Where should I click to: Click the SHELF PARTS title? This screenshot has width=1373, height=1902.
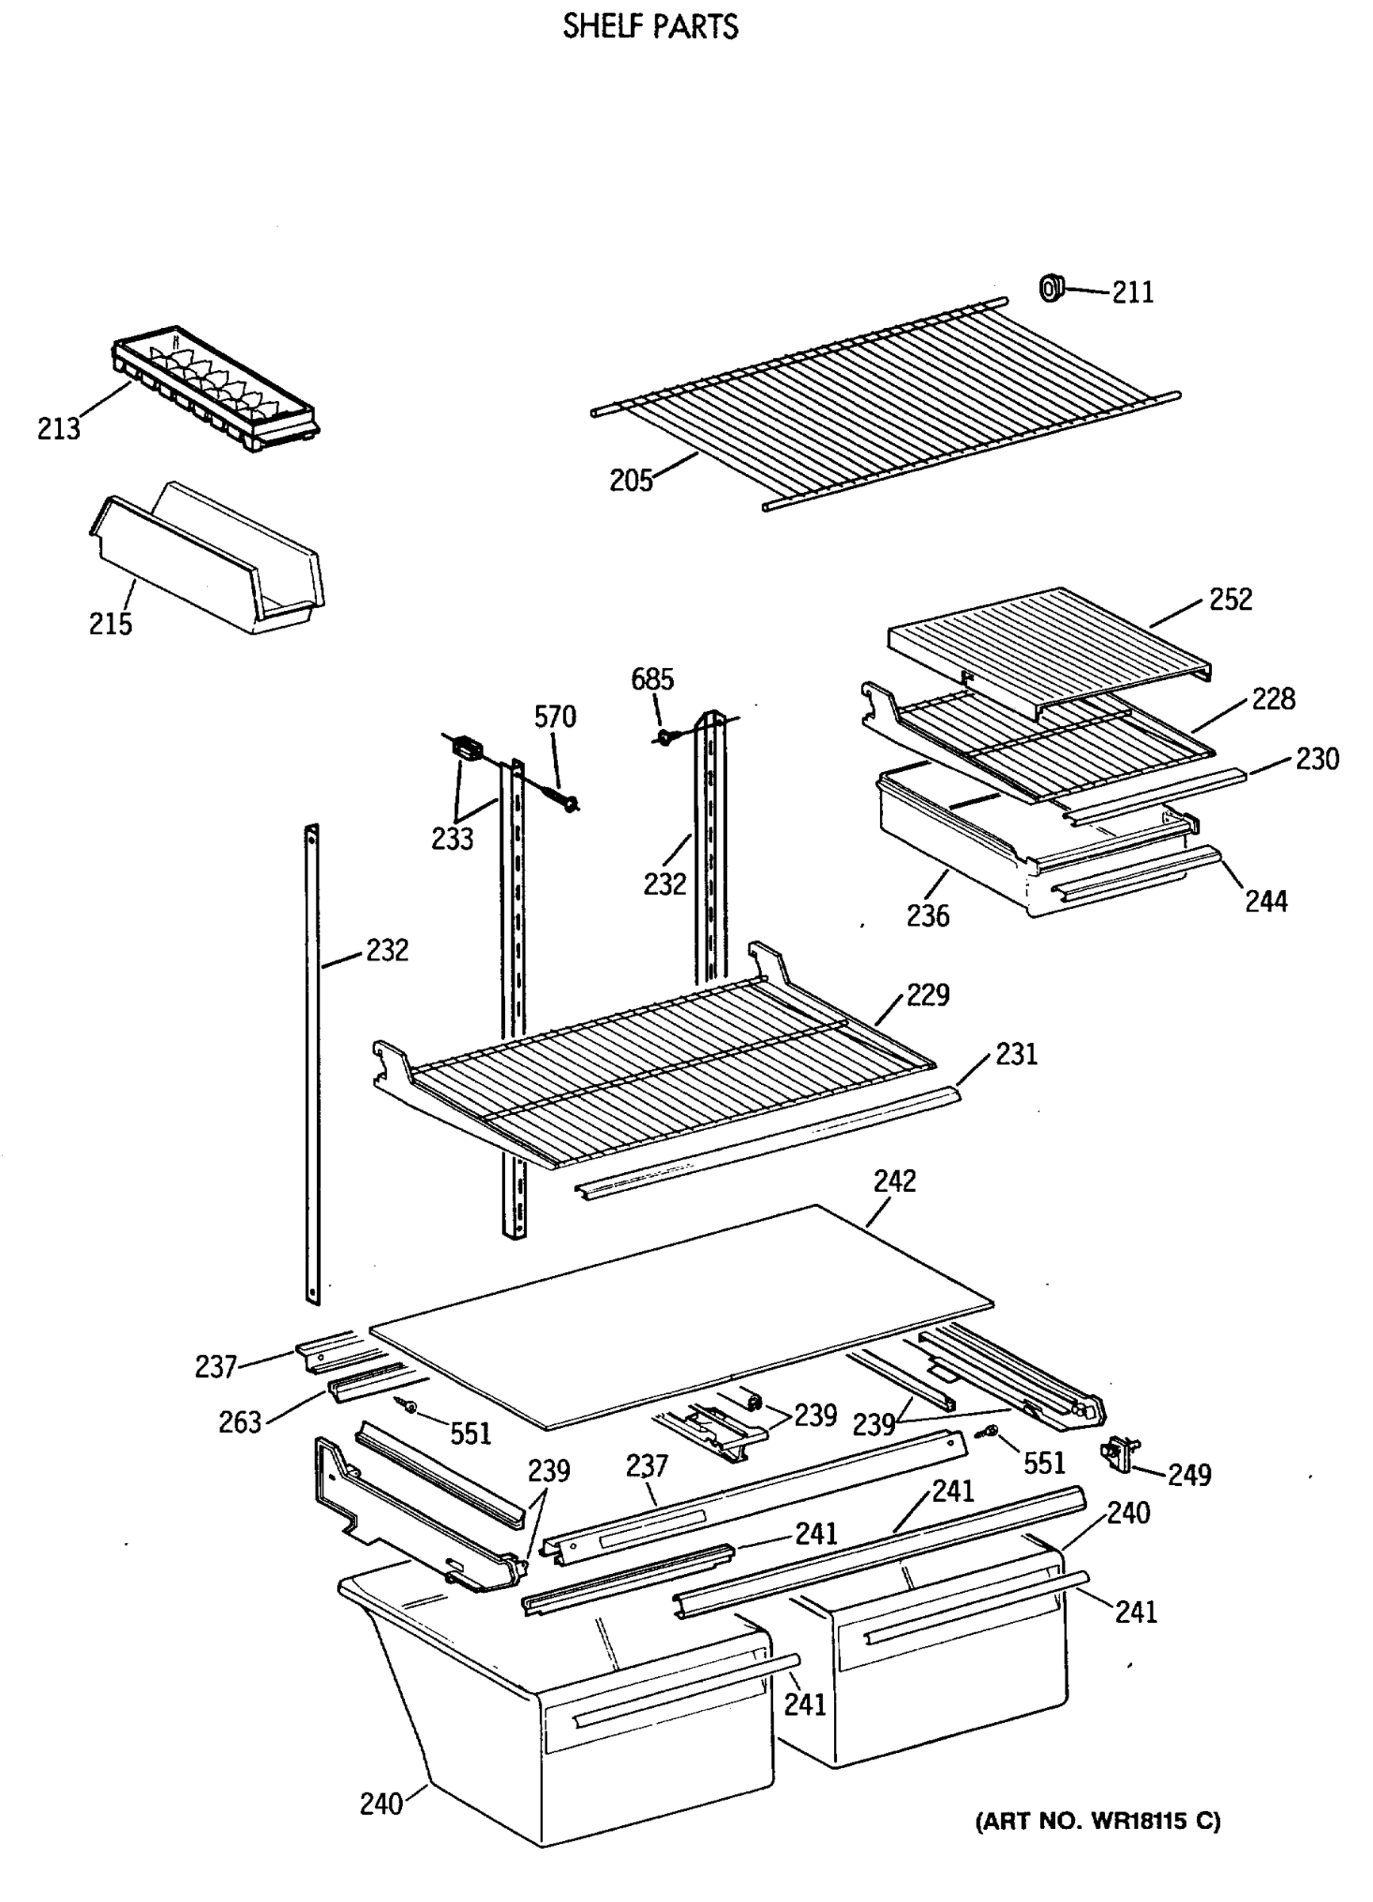pyautogui.click(x=650, y=27)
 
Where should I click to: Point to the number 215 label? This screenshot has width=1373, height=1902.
pyautogui.click(x=111, y=624)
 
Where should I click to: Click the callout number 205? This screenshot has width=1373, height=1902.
pyautogui.click(x=631, y=480)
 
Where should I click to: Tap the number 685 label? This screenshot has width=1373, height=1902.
pyautogui.click(x=652, y=678)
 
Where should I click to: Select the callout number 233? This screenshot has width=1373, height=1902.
pyautogui.click(x=452, y=838)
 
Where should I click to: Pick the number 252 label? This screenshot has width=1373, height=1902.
pyautogui.click(x=1230, y=600)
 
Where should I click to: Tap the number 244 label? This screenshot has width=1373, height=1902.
pyautogui.click(x=1266, y=902)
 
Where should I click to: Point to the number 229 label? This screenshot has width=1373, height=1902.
pyautogui.click(x=927, y=995)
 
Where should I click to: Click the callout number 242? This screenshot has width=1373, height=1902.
pyautogui.click(x=894, y=1182)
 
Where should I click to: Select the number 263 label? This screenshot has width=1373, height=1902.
pyautogui.click(x=240, y=1423)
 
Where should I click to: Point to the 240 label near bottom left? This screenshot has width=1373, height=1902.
pyautogui.click(x=381, y=1803)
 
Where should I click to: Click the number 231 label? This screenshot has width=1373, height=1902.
pyautogui.click(x=1016, y=1054)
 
